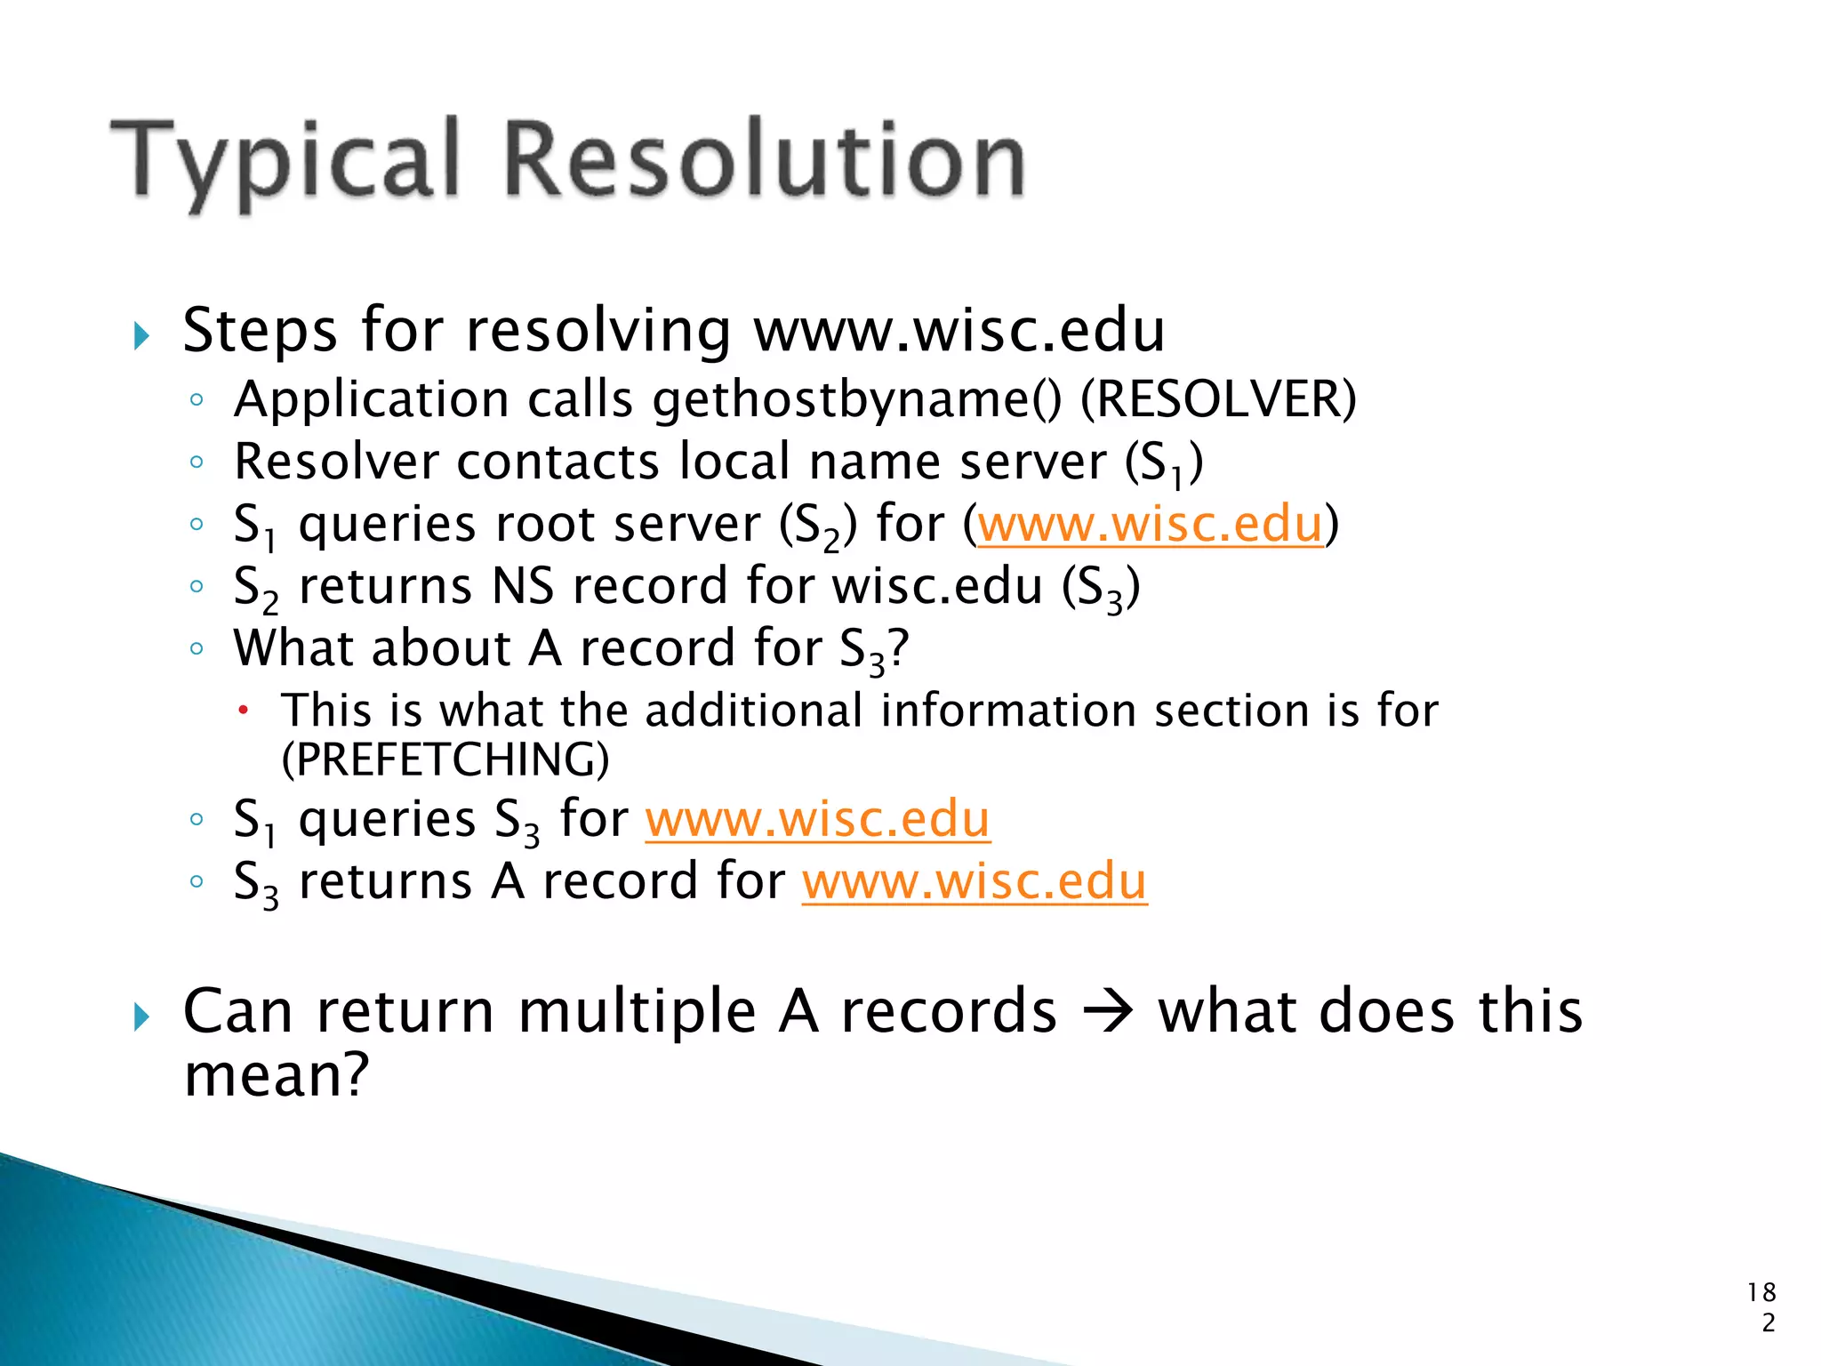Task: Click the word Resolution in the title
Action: click(x=765, y=160)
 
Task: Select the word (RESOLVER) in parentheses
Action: click(x=1218, y=399)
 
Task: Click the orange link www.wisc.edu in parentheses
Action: click(x=1151, y=524)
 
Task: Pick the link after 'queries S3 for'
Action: click(x=817, y=819)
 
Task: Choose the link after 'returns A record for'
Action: click(x=975, y=881)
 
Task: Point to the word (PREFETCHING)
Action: click(x=445, y=759)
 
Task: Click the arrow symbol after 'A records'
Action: click(x=1107, y=1012)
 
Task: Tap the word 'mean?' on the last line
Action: click(x=276, y=1075)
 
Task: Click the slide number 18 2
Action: click(x=1761, y=1306)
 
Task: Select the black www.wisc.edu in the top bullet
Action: click(x=959, y=331)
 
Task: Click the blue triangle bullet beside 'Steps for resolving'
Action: click(x=141, y=336)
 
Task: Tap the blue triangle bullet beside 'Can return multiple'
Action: click(x=141, y=1016)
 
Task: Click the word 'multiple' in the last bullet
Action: click(x=637, y=1012)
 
